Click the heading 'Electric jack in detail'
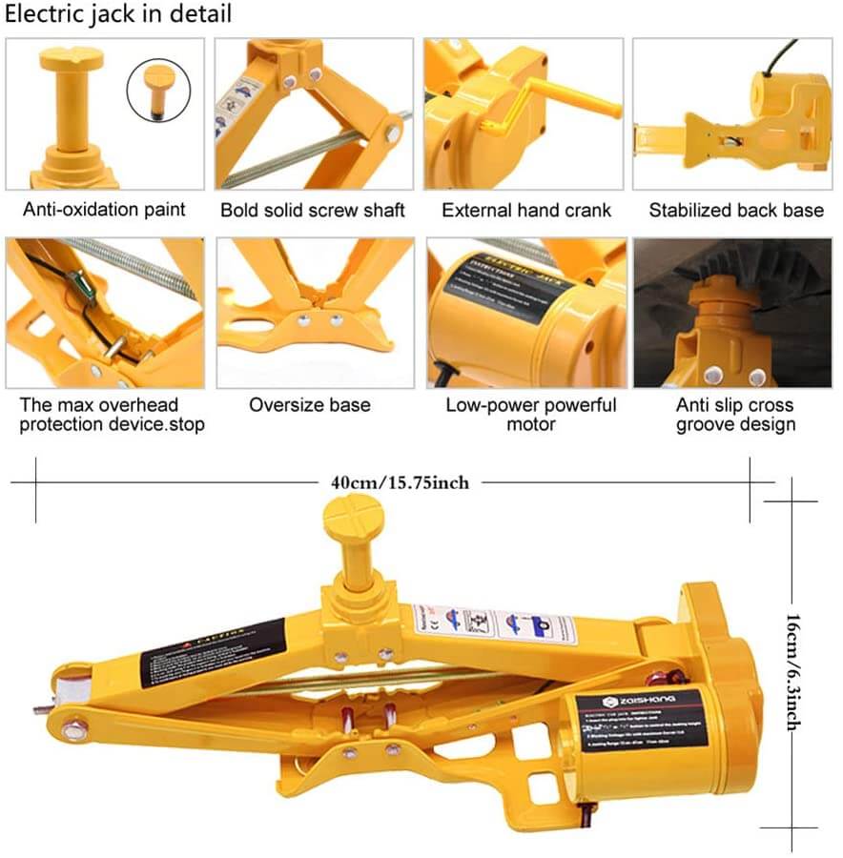point(119,15)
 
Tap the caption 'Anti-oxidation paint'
point(105,210)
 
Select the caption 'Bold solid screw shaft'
point(313,210)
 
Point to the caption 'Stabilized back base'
point(736,210)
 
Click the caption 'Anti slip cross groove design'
point(735,414)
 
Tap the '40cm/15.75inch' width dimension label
point(400,482)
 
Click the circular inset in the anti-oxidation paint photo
point(158,90)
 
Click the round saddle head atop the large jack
point(353,518)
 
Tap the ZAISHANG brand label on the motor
point(624,701)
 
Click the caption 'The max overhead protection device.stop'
point(105,414)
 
